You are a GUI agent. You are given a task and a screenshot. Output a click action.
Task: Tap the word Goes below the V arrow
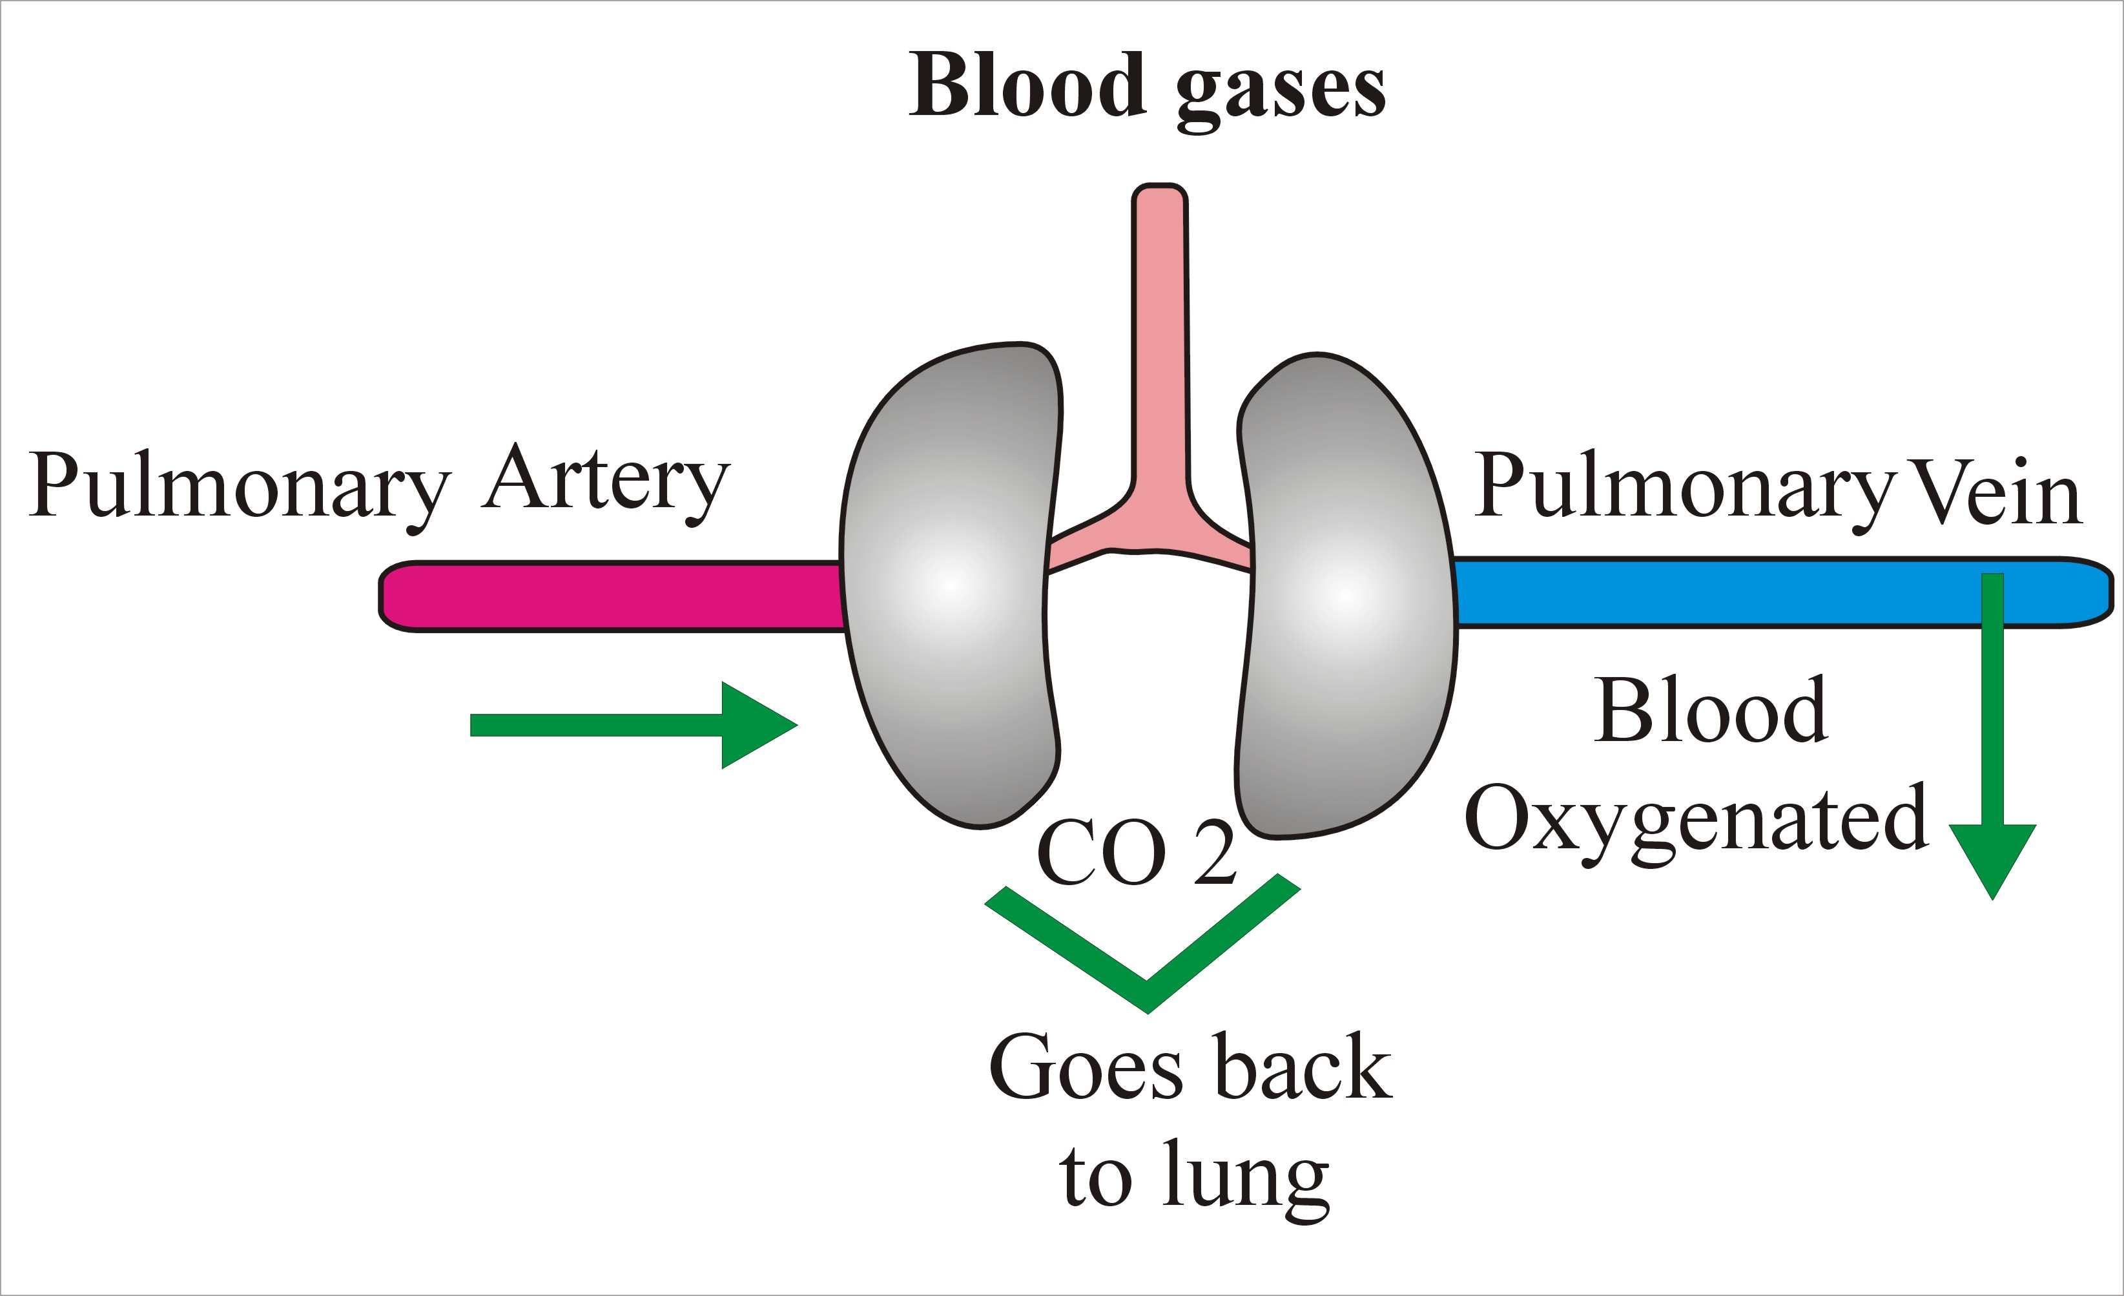point(1086,1069)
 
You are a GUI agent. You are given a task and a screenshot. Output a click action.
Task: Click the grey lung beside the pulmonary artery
point(948,587)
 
